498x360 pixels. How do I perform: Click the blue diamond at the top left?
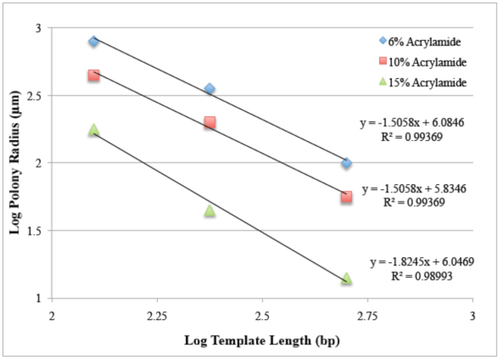pyautogui.click(x=94, y=41)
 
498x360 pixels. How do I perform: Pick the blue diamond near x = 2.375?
pyautogui.click(x=210, y=89)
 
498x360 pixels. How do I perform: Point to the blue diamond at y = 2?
pyautogui.click(x=346, y=163)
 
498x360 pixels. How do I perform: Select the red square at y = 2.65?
pyautogui.click(x=94, y=75)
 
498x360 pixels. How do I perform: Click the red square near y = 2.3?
pyautogui.click(x=210, y=123)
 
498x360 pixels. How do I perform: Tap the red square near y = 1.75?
pyautogui.click(x=346, y=197)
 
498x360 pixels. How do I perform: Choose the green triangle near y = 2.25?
pyautogui.click(x=94, y=130)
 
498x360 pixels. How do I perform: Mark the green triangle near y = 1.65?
pyautogui.click(x=210, y=211)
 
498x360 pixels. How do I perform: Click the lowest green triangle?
pyautogui.click(x=346, y=279)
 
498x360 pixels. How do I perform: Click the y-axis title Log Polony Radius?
pyautogui.click(x=16, y=163)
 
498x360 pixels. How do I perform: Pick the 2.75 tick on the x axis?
pyautogui.click(x=367, y=316)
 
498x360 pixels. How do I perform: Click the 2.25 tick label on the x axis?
pyautogui.click(x=157, y=316)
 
